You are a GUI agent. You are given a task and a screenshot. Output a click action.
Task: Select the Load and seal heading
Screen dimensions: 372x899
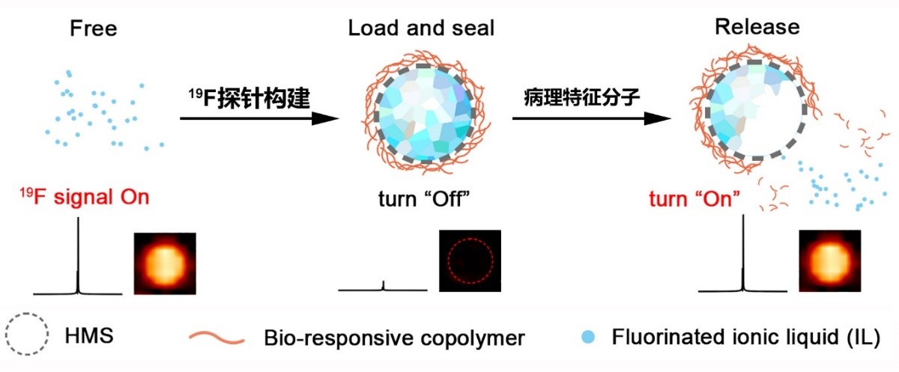tap(421, 28)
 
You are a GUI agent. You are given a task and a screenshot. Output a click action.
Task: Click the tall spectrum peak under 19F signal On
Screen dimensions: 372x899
tap(78, 254)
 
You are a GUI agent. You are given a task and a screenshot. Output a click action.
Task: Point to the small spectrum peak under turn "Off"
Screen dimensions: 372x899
tap(384, 285)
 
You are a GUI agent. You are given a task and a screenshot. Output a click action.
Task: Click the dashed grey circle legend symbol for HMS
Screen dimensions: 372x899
tap(28, 335)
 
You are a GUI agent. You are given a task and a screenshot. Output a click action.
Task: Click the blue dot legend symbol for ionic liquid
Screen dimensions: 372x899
tap(587, 335)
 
